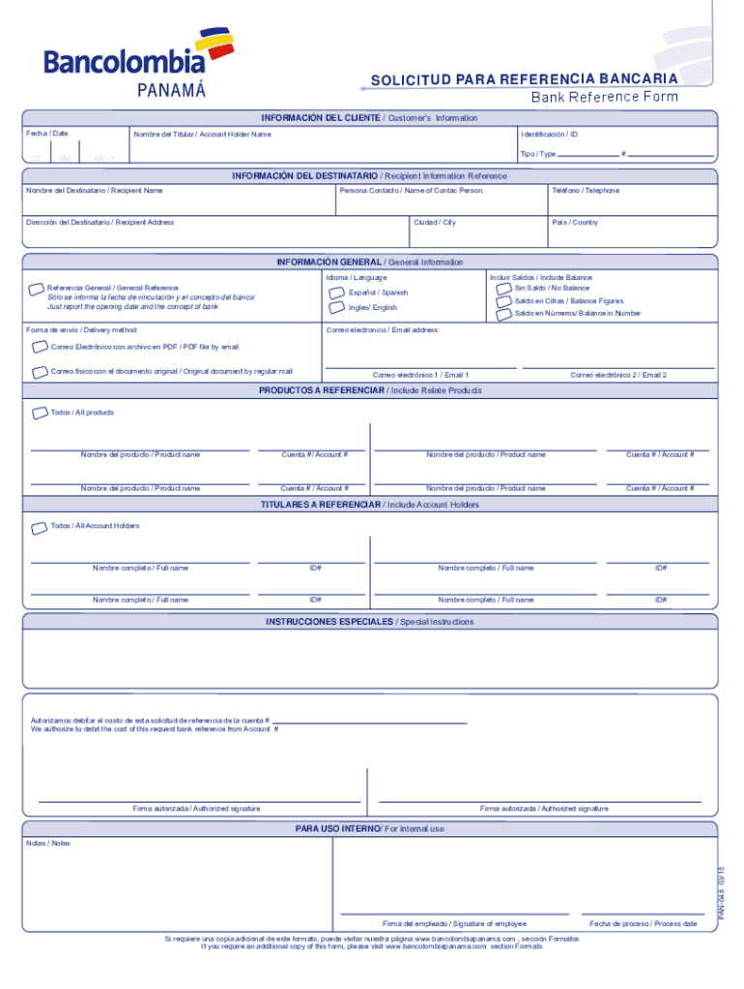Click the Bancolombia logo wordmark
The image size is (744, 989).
coord(124,62)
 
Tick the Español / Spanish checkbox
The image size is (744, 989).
coord(336,292)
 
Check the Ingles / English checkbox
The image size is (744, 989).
coord(336,307)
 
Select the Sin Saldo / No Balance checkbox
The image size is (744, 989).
coord(504,288)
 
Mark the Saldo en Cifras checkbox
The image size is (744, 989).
coord(504,300)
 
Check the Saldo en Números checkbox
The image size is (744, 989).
coord(504,313)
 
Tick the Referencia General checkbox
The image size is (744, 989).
coord(37,288)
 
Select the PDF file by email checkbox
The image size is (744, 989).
coord(39,346)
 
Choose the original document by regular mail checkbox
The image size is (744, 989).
coord(39,371)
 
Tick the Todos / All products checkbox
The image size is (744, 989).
coord(39,412)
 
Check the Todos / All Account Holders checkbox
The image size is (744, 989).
coord(39,526)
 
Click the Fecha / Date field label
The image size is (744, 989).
coord(47,133)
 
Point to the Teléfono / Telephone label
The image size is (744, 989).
coord(586,190)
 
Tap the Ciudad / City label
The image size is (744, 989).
coord(435,222)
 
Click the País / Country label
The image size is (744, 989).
coord(575,222)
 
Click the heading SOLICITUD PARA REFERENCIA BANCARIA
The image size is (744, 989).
coord(524,78)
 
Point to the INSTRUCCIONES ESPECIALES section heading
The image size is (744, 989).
coord(329,622)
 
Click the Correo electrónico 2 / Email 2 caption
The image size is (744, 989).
coord(618,375)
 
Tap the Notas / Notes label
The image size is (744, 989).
coord(48,843)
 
